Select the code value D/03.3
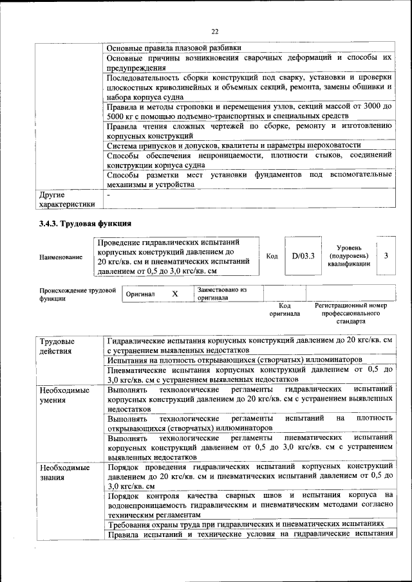point(303,256)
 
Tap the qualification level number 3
point(386,256)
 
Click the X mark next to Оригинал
point(174,293)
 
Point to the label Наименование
point(61,257)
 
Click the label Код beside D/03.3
point(272,256)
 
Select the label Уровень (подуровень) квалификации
point(348,256)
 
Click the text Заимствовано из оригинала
point(222,294)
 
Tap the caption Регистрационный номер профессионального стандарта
point(351,313)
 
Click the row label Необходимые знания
point(64,473)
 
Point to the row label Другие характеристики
point(67,198)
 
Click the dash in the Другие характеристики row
point(109,193)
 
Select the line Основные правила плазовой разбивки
point(174,47)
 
